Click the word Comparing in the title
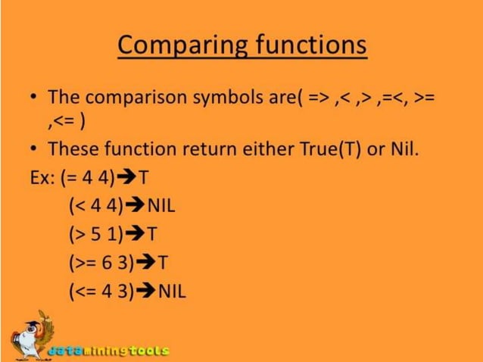click(x=176, y=47)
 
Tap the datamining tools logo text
click(x=109, y=351)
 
